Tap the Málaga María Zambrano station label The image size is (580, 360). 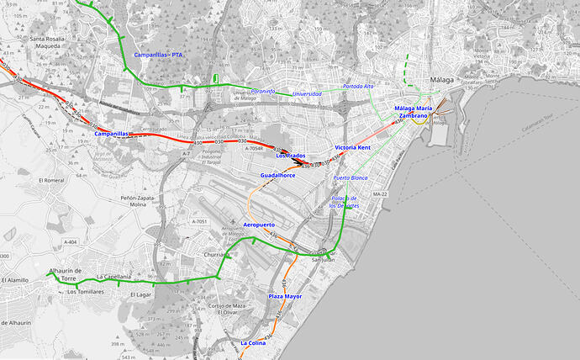click(413, 112)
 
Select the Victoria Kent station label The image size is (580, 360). click(352, 147)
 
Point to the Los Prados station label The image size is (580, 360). click(291, 156)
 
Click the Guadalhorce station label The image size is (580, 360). click(277, 175)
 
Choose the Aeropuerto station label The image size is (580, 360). click(259, 225)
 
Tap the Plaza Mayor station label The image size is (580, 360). click(285, 297)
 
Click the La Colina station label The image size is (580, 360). click(253, 343)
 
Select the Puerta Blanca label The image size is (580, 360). click(351, 178)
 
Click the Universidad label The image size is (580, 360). click(307, 93)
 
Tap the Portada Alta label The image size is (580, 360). click(358, 86)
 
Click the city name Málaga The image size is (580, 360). click(441, 80)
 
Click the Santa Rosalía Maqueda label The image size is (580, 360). click(53, 43)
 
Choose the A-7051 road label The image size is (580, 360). click(198, 220)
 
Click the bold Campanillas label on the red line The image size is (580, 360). click(111, 134)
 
